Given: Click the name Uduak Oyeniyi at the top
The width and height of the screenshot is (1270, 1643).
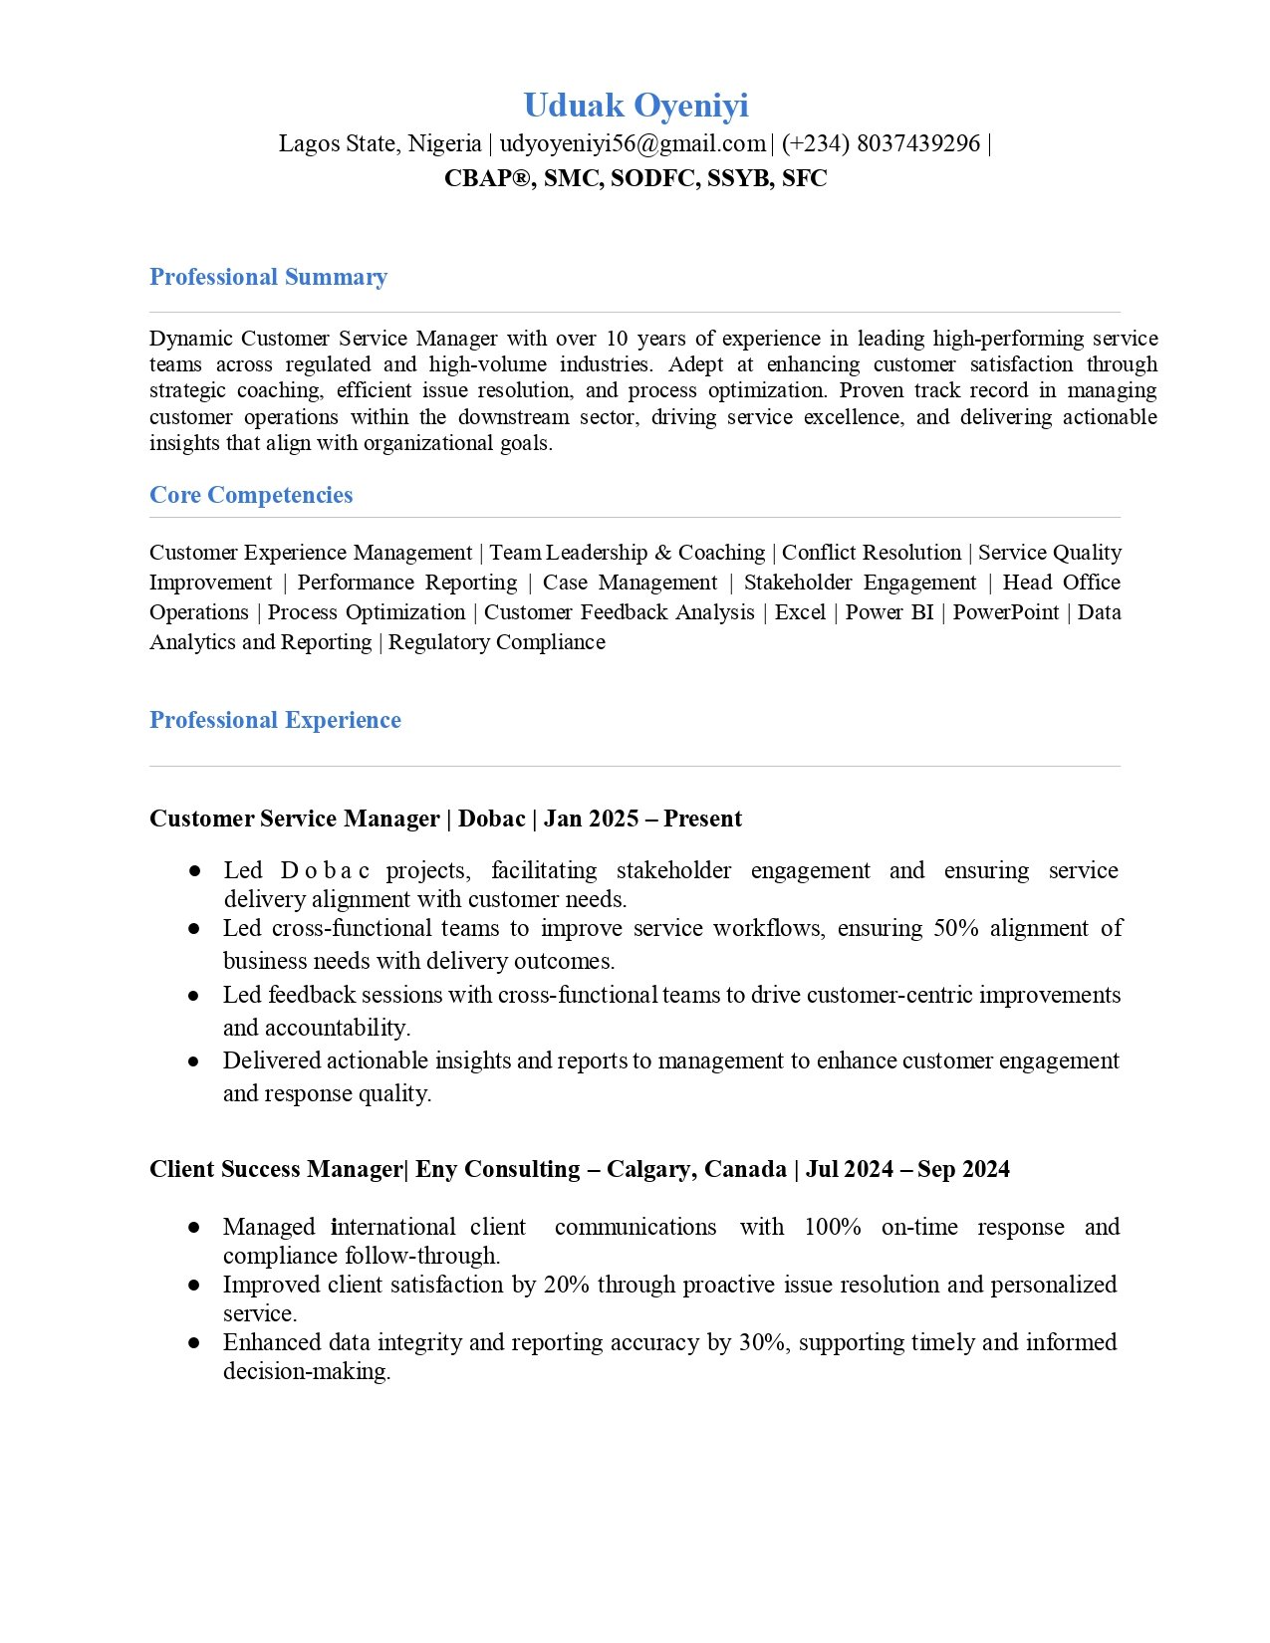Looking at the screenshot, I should tap(635, 106).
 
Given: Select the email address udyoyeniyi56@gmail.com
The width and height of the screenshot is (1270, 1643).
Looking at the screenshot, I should tap(633, 143).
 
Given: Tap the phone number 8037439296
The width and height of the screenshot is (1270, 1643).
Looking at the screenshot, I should tap(917, 143).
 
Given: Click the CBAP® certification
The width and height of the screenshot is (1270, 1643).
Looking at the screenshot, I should tap(488, 178).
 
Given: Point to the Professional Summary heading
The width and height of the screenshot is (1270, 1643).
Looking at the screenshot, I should tap(268, 277).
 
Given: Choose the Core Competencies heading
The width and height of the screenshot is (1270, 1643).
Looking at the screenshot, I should tap(251, 495).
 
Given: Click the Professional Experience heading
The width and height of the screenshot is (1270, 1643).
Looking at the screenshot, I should tap(275, 720).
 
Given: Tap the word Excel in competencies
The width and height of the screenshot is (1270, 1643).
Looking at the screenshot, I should tap(800, 612).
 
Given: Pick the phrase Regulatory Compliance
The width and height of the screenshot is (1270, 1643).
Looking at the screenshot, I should tap(496, 642).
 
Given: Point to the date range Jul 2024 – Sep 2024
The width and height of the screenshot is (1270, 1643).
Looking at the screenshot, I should tap(907, 1169).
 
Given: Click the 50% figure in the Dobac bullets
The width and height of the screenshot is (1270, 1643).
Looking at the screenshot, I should tap(956, 928).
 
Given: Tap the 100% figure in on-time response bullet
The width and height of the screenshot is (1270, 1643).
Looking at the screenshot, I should tap(832, 1227).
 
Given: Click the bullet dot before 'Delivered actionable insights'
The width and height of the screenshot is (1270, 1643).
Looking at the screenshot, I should tap(193, 1061).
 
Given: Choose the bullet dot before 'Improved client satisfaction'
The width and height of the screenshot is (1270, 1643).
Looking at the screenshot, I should tap(193, 1286).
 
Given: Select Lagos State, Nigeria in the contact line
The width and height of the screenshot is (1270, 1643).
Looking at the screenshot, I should tap(380, 143).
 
